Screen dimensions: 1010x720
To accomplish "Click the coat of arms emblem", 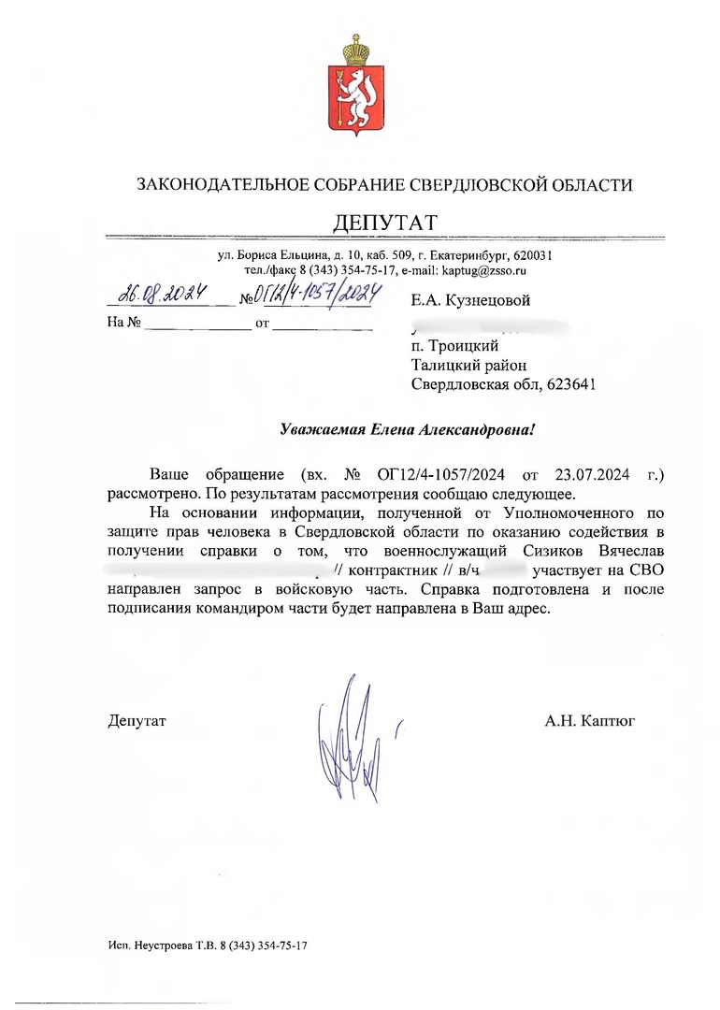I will point(353,89).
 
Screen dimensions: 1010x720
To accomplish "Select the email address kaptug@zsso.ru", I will point(484,270).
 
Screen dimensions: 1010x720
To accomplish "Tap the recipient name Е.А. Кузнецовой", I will point(470,300).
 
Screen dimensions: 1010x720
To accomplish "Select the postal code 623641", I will point(566,383).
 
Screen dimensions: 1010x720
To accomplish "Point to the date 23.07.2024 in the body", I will point(590,474).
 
